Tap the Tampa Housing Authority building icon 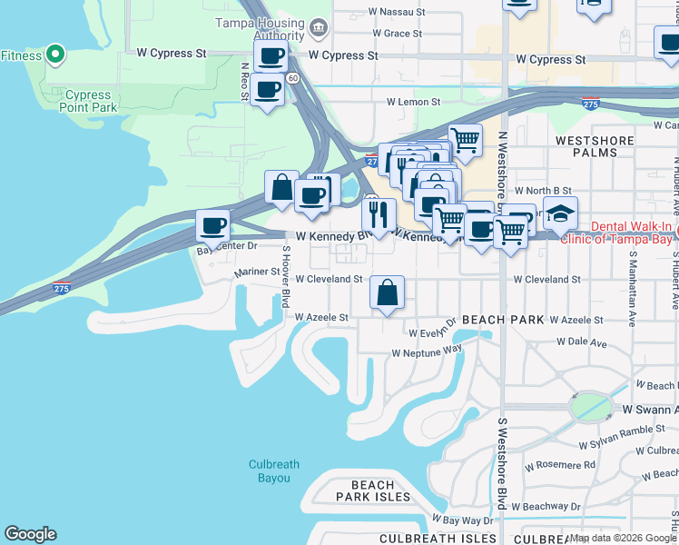318,27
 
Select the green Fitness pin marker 54,54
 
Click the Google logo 30,534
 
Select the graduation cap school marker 560,213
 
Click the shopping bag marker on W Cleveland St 387,292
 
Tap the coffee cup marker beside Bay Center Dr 213,225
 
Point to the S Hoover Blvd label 285,275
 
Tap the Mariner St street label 258,272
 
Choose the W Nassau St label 393,13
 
